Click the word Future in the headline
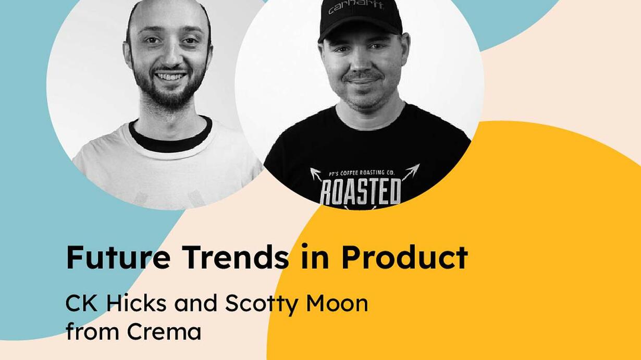118,257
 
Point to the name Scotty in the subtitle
261,304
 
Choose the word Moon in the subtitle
337,303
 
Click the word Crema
164,331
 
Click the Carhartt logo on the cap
356,8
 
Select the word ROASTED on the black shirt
361,191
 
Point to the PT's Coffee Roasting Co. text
362,173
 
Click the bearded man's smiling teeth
170,77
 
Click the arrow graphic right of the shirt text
411,172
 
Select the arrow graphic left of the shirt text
316,175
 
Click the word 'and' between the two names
195,303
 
